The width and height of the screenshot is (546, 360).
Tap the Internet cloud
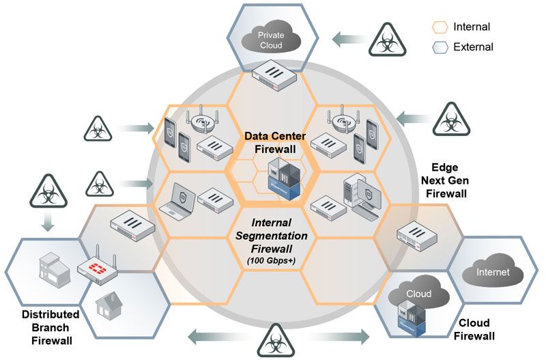click(x=493, y=272)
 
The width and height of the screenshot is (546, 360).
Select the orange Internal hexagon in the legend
click(x=440, y=28)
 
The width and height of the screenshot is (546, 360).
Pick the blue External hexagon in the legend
click(x=440, y=47)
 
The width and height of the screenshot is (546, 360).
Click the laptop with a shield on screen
click(x=176, y=202)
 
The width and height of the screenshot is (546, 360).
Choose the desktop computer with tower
click(x=358, y=198)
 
